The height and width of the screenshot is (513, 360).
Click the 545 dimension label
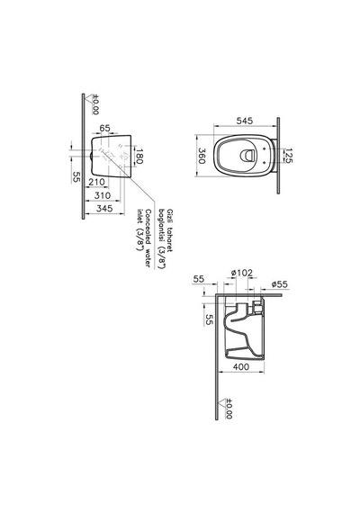pyautogui.click(x=245, y=121)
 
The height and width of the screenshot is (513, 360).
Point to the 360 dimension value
pyautogui.click(x=202, y=156)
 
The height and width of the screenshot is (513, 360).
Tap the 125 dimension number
pyautogui.click(x=288, y=156)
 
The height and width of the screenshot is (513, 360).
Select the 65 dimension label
pyautogui.click(x=104, y=128)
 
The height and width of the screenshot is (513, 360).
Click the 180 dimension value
pyautogui.click(x=139, y=156)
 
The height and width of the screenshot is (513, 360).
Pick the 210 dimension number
pyautogui.click(x=97, y=182)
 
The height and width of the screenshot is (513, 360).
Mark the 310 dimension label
pyautogui.click(x=103, y=195)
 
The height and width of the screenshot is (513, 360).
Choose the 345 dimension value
pyautogui.click(x=104, y=209)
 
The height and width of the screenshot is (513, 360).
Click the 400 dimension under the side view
pyautogui.click(x=241, y=367)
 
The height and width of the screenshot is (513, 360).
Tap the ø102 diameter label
pyautogui.click(x=242, y=273)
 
